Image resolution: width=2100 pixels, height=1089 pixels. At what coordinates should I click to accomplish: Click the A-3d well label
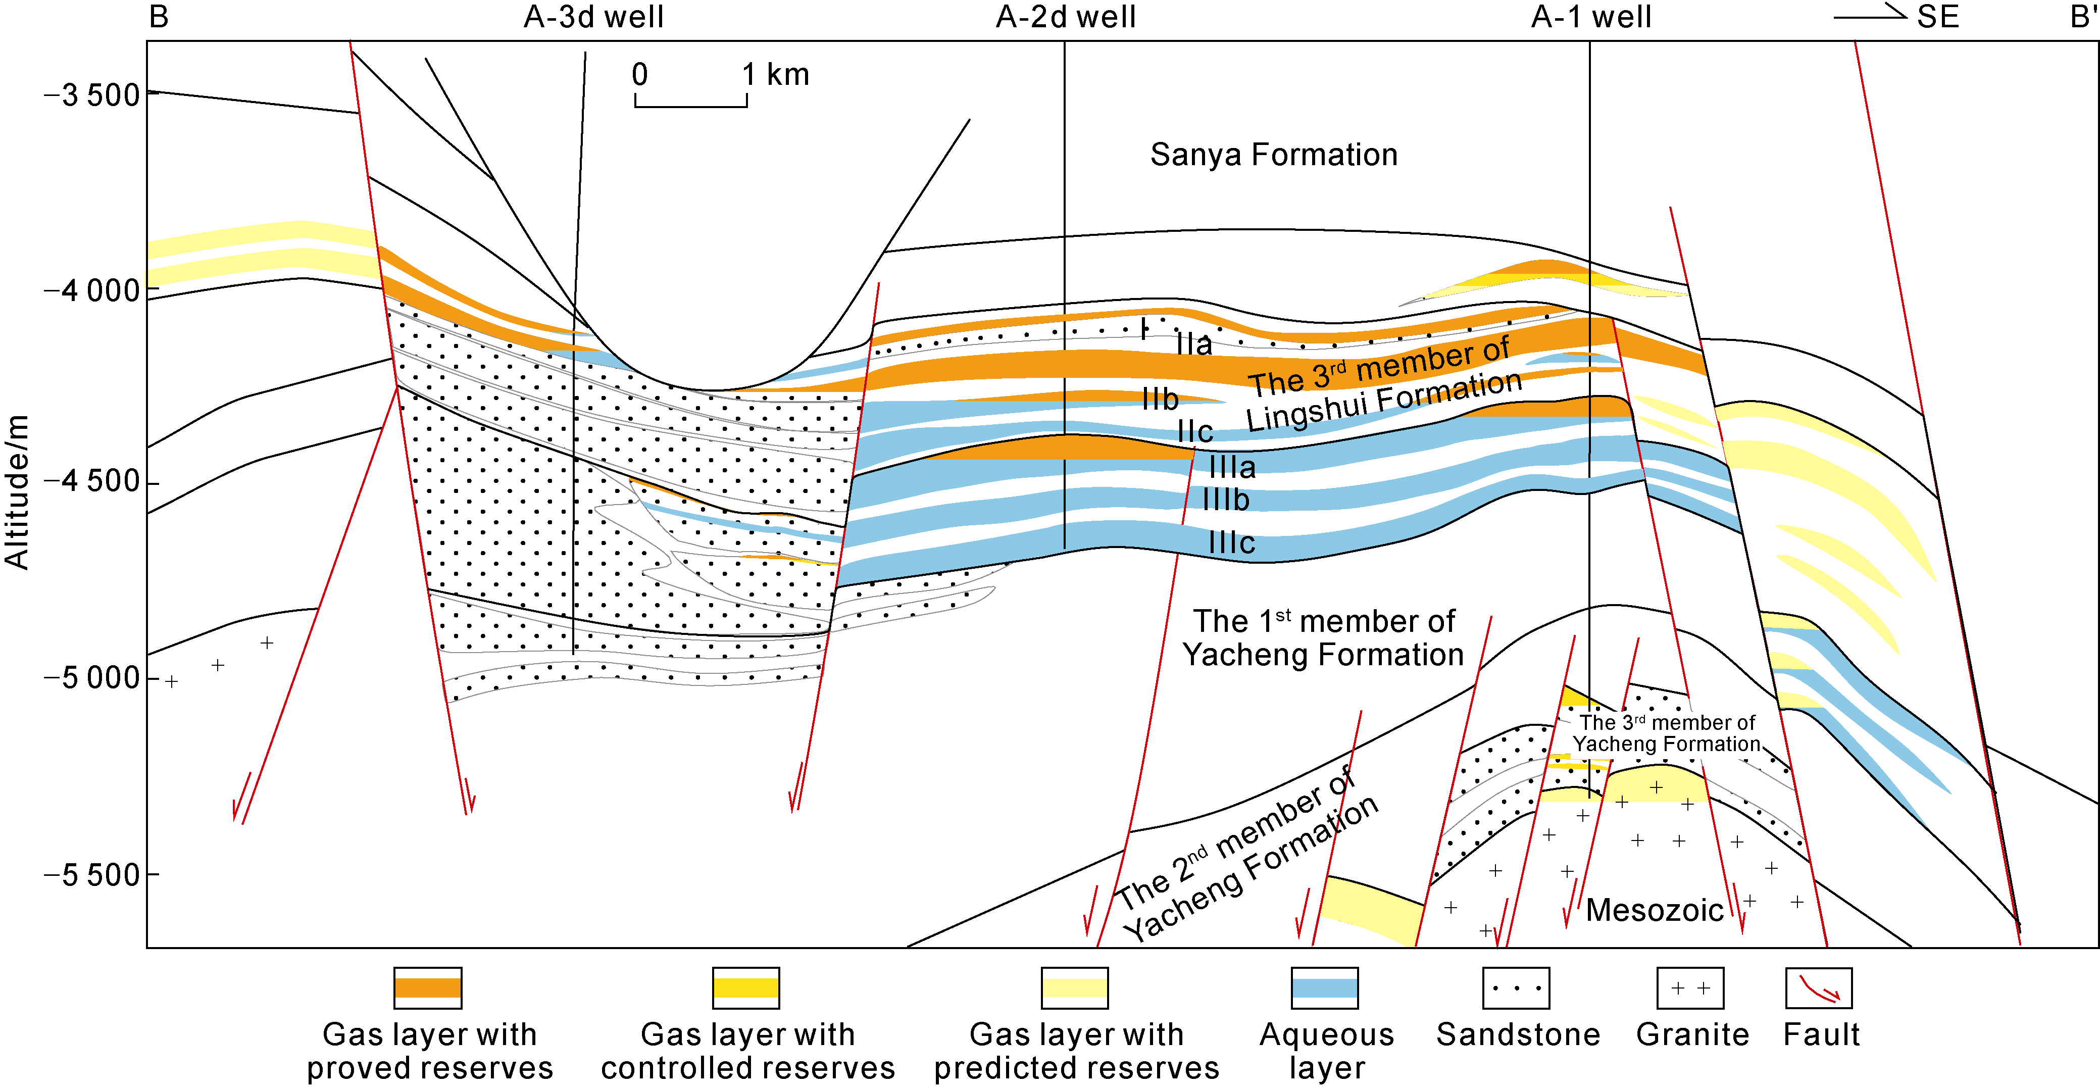[x=593, y=17]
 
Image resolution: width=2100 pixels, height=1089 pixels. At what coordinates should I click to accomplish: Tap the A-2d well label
[x=1066, y=17]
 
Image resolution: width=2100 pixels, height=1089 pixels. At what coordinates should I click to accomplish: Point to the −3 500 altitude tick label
[x=92, y=95]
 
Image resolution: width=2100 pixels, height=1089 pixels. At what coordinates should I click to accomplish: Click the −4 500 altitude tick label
[x=92, y=482]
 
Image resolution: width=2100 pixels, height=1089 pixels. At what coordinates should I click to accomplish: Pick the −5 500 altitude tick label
[x=92, y=875]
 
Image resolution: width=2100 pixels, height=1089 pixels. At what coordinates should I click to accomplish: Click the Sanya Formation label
[x=1273, y=155]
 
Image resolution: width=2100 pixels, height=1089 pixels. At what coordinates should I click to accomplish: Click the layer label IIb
[x=1160, y=400]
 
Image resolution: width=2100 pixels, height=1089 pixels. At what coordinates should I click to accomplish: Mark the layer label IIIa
[x=1232, y=467]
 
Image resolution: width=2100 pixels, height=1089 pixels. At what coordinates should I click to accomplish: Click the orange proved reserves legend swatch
[x=428, y=988]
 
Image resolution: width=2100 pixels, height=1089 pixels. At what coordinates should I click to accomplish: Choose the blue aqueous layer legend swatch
[x=1325, y=988]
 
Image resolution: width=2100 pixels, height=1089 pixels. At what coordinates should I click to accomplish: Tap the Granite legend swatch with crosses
[x=1690, y=988]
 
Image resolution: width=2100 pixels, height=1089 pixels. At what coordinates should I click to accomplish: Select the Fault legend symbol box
[x=1819, y=988]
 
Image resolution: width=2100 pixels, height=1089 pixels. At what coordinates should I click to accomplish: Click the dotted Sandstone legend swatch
[x=1516, y=988]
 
